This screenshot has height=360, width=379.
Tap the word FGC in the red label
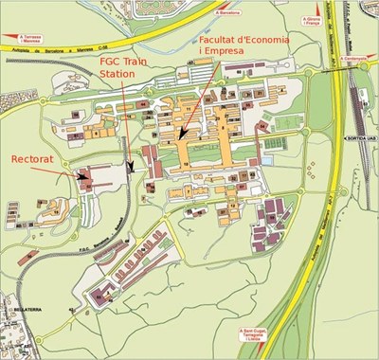tap(114, 60)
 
